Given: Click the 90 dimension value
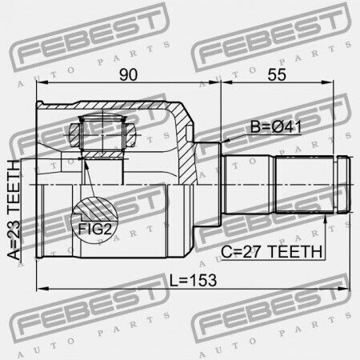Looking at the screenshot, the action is pos(128,74).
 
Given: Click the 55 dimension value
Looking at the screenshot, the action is pos(277,74).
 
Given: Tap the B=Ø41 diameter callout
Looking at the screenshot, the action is pos(276,126).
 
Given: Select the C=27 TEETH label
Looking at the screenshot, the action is pos(271,252).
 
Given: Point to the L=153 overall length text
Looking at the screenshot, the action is pos(193,280).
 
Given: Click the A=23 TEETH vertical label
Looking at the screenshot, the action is pos(14,210).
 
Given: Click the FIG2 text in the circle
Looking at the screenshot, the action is pos(94,229).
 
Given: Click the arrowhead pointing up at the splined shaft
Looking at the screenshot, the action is pos(325,219).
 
